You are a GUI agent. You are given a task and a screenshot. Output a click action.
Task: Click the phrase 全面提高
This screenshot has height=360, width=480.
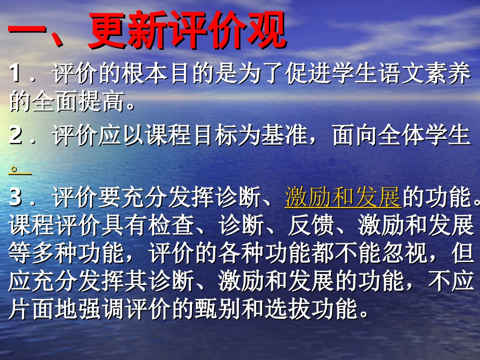[78, 104]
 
